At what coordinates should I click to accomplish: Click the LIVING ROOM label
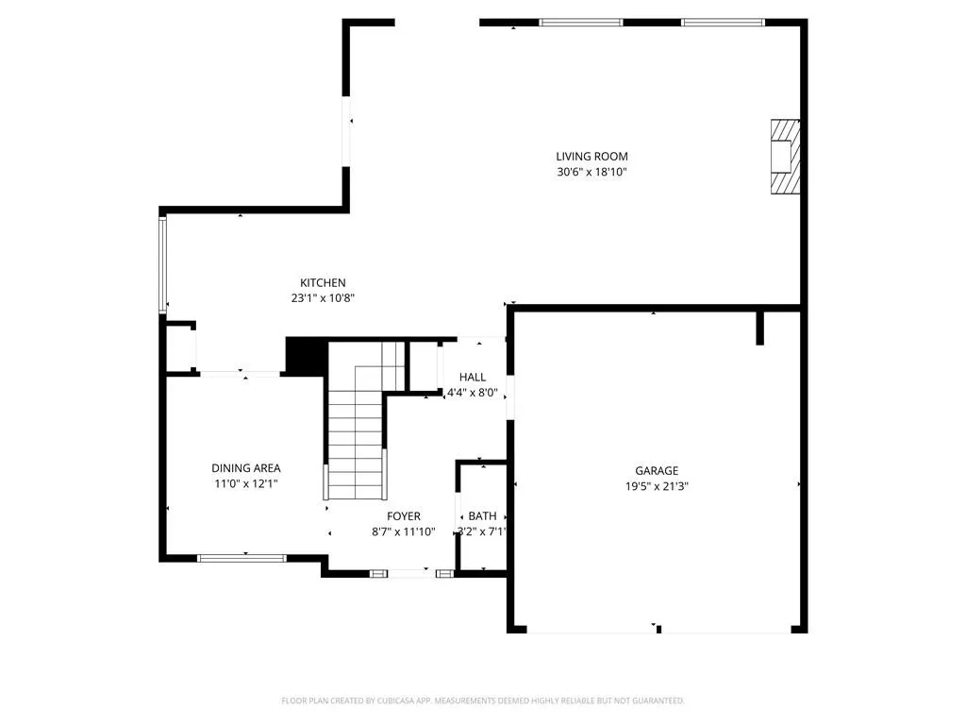point(591,157)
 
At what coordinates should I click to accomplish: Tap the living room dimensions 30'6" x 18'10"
point(591,172)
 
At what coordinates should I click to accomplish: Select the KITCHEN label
point(323,283)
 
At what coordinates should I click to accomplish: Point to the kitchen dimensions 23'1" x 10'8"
point(323,298)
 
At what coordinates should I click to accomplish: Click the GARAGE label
point(657,471)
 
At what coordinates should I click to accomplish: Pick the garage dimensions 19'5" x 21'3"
point(657,486)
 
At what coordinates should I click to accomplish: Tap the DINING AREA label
point(246,468)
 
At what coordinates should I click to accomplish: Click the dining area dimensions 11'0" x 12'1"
point(246,484)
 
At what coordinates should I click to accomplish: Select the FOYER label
point(404,516)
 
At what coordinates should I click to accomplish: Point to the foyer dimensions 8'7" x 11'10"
point(404,532)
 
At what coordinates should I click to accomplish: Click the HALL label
point(473,378)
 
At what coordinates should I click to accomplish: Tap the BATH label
point(482,516)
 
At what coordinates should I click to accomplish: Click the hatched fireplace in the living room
point(785,157)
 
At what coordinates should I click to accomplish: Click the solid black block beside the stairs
point(307,356)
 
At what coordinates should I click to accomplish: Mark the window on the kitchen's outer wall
point(163,264)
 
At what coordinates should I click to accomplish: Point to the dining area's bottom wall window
point(242,559)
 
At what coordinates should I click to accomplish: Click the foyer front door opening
point(411,574)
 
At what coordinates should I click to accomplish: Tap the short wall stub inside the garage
point(759,328)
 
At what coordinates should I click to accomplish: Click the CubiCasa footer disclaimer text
point(483,701)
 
